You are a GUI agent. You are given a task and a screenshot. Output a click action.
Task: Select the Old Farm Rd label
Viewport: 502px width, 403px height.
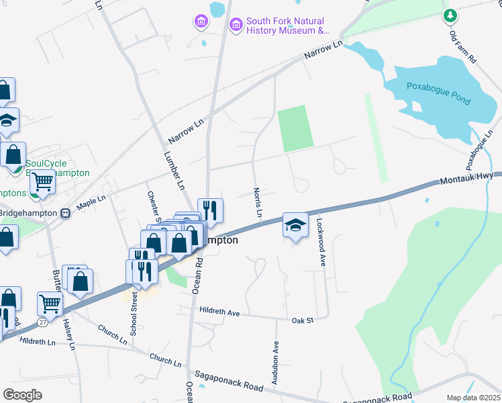point(462,46)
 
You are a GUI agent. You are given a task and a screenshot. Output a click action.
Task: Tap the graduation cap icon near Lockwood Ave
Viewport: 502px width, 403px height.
point(295,225)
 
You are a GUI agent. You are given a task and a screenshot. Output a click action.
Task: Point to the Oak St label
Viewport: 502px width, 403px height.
point(303,320)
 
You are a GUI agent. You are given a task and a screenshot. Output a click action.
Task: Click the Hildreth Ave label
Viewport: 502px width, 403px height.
point(219,312)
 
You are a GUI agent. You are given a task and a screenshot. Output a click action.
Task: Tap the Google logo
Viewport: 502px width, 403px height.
point(23,394)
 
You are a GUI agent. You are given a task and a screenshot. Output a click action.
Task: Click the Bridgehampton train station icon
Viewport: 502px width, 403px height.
point(65,214)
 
